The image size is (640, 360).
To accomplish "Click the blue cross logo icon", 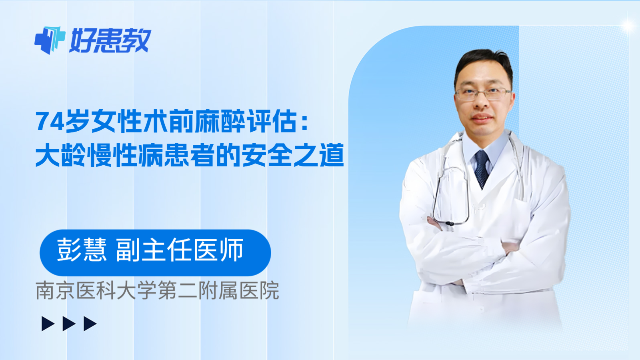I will (x=50, y=40).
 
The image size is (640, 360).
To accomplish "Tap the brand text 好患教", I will (x=110, y=40).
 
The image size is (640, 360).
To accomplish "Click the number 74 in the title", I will (x=50, y=122).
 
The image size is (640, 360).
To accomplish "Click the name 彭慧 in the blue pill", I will (x=82, y=250).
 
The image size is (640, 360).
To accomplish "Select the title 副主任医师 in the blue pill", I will (x=180, y=250).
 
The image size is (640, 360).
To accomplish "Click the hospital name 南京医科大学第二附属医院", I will (x=157, y=290).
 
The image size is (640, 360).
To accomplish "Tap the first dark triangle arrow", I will (x=48, y=324).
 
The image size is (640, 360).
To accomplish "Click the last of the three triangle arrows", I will (x=90, y=324).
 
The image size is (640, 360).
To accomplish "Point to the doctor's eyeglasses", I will (x=483, y=94).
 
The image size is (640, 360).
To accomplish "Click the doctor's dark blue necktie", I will (x=482, y=168).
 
